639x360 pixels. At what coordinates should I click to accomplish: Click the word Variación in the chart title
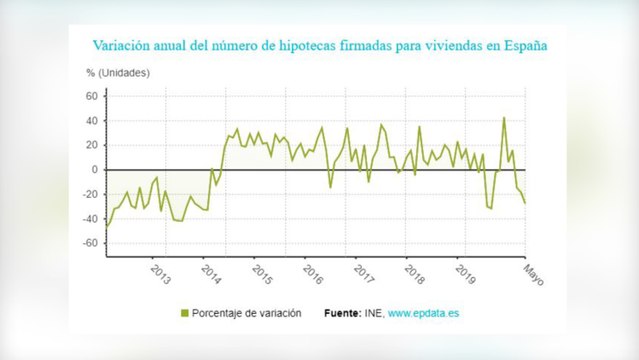point(124,46)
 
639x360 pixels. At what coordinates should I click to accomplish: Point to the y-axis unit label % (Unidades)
point(118,73)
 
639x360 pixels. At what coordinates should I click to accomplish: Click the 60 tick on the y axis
point(91,96)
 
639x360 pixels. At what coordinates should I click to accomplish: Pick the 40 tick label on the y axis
point(91,121)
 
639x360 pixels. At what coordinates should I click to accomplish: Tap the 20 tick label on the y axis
point(91,145)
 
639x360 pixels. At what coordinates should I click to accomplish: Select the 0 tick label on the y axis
point(94,170)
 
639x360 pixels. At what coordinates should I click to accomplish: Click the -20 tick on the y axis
point(89,194)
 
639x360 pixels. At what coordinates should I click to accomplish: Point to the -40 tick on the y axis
point(89,219)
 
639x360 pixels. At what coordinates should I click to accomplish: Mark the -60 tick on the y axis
point(89,243)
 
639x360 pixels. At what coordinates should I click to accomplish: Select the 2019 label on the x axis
point(465,273)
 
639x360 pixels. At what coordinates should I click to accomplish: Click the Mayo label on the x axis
point(533,274)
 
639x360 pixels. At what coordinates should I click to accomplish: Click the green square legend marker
point(183,314)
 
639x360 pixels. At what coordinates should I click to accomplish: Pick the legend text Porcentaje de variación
point(246,314)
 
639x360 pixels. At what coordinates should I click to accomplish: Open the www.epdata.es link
point(424,314)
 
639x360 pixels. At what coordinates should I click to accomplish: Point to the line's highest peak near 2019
point(504,118)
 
